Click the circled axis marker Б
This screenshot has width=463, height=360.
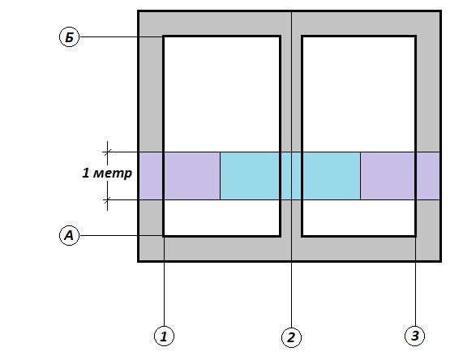[70, 37]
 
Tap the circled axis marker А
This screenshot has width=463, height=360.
[70, 235]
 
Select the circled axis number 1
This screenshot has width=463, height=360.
[164, 336]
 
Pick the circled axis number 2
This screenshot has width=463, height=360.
[291, 337]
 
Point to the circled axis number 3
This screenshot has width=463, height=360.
[414, 336]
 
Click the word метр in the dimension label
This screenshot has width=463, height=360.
[112, 173]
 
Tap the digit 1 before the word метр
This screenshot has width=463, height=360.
[85, 173]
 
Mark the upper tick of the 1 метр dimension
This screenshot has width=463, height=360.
[107, 152]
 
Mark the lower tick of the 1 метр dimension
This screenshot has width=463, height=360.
[107, 200]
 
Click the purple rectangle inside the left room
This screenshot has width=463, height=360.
[192, 176]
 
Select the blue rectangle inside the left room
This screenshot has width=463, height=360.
[250, 176]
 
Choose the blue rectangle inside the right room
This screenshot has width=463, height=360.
[332, 176]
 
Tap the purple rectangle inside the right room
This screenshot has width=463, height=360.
[388, 176]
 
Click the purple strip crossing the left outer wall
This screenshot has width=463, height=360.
[151, 176]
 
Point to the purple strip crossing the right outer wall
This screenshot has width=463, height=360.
[428, 176]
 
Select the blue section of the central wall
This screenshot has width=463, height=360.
[291, 176]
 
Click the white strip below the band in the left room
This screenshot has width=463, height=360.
[221, 217]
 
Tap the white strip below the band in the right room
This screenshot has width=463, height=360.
[358, 217]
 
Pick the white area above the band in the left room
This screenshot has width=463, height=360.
[221, 95]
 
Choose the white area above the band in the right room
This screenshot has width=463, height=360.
[358, 95]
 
